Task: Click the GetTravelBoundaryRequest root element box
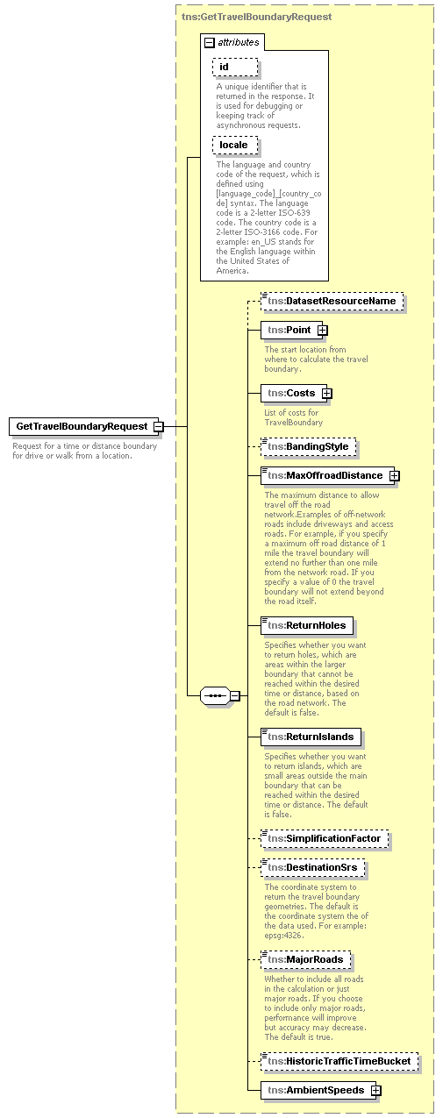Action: coord(82,426)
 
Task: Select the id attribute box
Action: coord(234,68)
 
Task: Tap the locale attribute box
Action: coord(234,145)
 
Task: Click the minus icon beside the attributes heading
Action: coord(209,42)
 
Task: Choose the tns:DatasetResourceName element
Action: coord(332,302)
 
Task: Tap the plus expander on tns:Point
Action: coord(323,331)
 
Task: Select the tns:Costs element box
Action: coord(291,393)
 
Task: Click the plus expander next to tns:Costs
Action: coord(326,393)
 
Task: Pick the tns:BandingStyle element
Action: coord(307,447)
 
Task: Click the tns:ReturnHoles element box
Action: coord(307,625)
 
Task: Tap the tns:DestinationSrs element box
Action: coord(313,869)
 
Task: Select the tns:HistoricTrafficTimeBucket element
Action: coord(339,1062)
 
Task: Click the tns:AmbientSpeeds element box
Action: coord(315,1091)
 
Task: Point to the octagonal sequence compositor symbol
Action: coord(215,695)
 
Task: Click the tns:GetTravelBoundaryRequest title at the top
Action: coord(256,17)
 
